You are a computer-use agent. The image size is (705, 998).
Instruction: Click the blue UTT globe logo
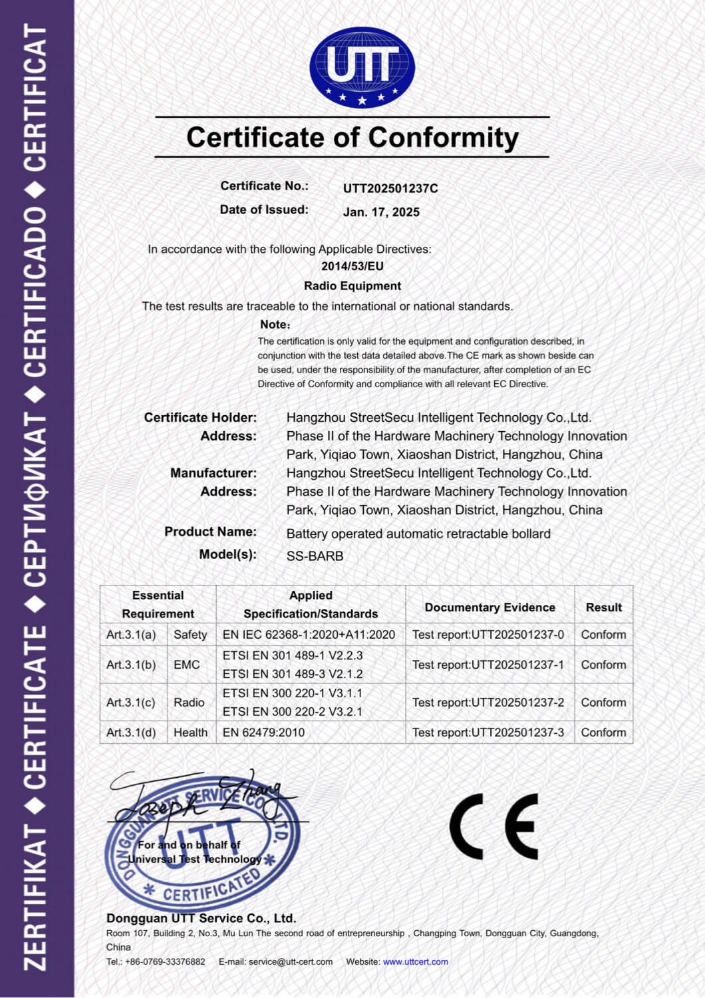362,68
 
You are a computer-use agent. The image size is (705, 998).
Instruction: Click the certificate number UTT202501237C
390,188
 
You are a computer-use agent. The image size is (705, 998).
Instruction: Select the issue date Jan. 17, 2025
381,212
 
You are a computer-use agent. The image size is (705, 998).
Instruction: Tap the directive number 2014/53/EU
352,266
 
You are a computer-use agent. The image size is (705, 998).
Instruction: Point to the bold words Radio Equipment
352,286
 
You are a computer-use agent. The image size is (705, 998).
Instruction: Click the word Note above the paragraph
274,325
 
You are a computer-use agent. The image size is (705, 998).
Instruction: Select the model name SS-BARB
315,556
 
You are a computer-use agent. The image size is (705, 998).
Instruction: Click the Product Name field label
210,532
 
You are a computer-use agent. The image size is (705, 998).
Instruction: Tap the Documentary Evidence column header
490,607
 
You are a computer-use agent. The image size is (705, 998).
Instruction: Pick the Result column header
603,607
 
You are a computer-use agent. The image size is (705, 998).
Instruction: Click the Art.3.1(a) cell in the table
131,635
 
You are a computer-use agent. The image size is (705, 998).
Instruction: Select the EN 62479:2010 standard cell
263,733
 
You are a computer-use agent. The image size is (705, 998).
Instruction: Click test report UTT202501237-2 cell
488,703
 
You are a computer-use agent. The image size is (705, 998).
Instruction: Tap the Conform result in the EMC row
603,665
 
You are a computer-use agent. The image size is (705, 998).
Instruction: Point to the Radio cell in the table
189,703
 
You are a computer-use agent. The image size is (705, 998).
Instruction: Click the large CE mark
493,826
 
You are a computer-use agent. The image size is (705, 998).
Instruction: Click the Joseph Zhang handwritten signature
200,798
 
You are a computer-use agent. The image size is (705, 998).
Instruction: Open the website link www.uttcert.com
415,962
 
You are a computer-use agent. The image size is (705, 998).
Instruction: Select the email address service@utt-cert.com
290,962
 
